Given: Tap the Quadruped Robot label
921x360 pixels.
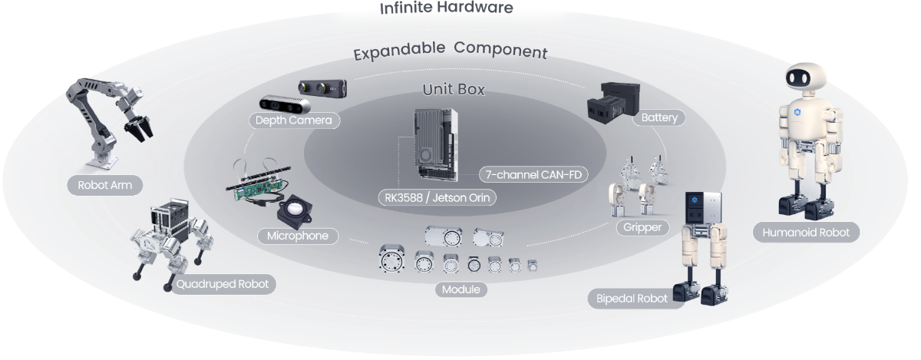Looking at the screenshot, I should point(222,284).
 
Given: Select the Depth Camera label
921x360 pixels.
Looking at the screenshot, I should point(293,121).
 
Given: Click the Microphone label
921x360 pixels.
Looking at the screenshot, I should point(298,236).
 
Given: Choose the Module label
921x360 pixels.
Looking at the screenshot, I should point(460,289).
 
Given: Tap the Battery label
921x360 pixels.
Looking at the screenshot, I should point(659,118).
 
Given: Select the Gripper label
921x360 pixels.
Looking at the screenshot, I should point(642,228).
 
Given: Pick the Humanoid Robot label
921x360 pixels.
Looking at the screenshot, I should point(806,231).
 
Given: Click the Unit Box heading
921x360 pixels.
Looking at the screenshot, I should point(454,90).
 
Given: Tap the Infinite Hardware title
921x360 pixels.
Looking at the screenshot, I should point(447,8).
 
